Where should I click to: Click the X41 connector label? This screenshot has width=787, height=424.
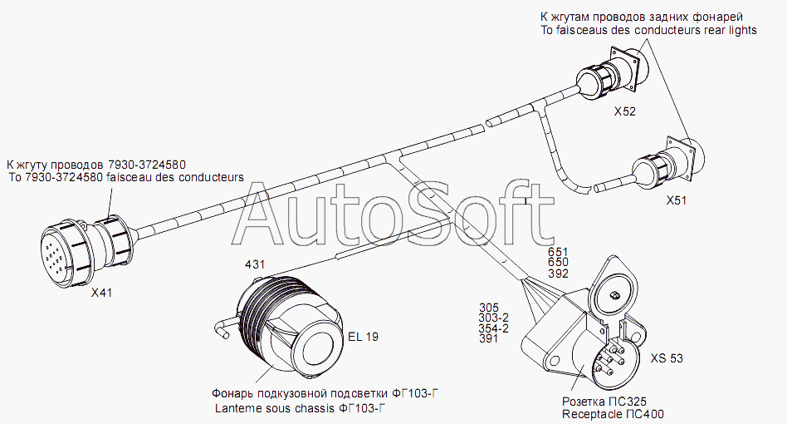(x=101, y=293)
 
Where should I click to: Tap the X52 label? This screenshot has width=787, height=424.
(x=625, y=111)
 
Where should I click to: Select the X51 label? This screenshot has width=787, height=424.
(x=676, y=200)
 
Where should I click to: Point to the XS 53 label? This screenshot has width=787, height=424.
(x=667, y=358)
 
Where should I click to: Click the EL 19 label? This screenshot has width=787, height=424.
(x=363, y=337)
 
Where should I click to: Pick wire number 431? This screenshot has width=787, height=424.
(x=255, y=264)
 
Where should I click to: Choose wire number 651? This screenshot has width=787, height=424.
(x=558, y=252)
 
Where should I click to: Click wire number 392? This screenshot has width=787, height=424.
(x=558, y=274)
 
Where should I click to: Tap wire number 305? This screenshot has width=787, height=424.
(x=489, y=308)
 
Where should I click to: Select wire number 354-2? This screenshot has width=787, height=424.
(x=494, y=328)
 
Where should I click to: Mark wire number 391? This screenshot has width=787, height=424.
(x=488, y=339)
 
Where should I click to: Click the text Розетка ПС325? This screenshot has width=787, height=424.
(x=604, y=402)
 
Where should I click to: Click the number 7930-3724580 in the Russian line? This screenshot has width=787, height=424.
(x=147, y=165)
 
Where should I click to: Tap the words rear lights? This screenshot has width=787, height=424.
(x=731, y=30)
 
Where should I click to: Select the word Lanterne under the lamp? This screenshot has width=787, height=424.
(x=237, y=408)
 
